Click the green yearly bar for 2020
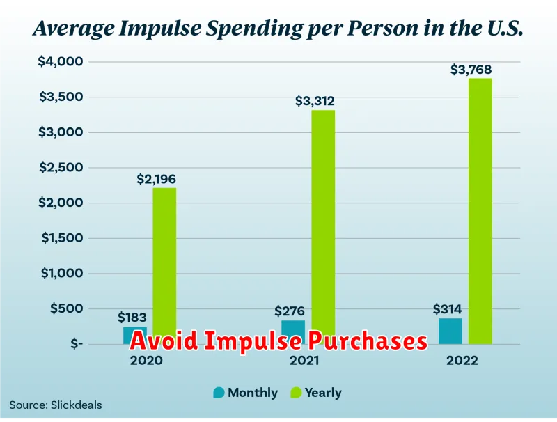click(164, 266)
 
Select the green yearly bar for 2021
click(323, 227)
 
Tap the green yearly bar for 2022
click(480, 211)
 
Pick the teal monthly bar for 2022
click(450, 331)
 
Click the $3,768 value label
click(471, 70)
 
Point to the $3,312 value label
click(315, 101)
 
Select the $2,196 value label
click(156, 179)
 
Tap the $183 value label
click(132, 318)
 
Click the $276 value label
click(290, 311)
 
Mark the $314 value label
click(447, 309)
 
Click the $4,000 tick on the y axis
click(61, 61)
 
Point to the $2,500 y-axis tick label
click(61, 167)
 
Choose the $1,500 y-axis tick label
click(62, 237)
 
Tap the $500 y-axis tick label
click(66, 308)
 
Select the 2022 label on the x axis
click(462, 361)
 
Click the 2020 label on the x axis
click(146, 361)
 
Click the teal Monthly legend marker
click(219, 393)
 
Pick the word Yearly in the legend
click(323, 393)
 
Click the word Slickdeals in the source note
click(77, 405)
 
